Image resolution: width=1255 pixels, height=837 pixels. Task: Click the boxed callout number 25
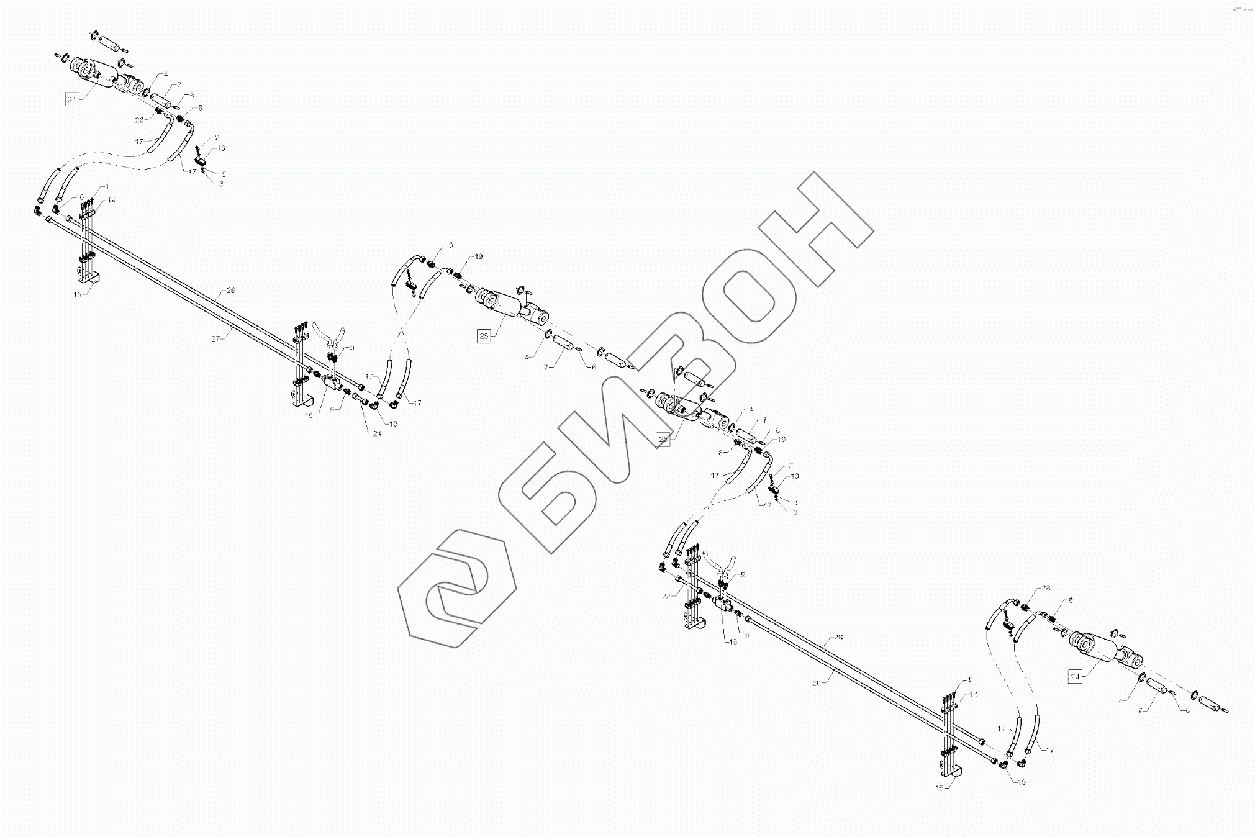click(484, 336)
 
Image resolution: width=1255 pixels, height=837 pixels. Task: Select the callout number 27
click(216, 338)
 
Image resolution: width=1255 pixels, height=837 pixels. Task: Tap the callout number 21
click(377, 433)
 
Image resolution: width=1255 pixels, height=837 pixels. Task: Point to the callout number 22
click(666, 596)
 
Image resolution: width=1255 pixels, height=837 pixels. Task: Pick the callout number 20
click(817, 683)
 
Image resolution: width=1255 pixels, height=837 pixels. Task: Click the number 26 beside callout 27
click(230, 290)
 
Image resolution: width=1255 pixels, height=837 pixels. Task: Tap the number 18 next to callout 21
click(309, 415)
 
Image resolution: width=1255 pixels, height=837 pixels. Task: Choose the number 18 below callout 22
click(733, 641)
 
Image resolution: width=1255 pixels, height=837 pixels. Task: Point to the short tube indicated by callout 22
click(687, 583)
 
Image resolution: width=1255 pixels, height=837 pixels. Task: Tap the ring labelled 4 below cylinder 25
click(549, 336)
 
